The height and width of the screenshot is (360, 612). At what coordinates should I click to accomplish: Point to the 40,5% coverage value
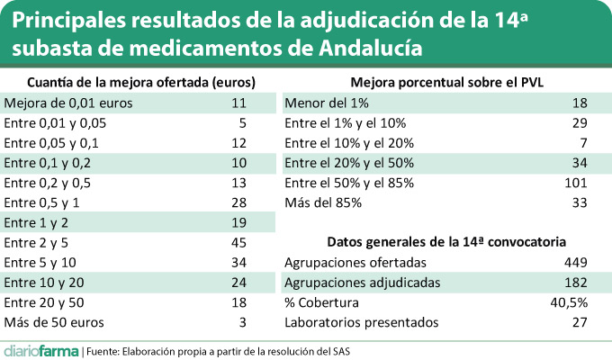click(571, 301)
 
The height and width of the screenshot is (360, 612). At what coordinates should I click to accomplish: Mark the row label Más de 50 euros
click(55, 321)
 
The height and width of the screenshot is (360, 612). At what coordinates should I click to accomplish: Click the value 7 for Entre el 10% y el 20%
click(582, 143)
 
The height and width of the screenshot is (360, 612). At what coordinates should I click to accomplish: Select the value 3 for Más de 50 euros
click(242, 321)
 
